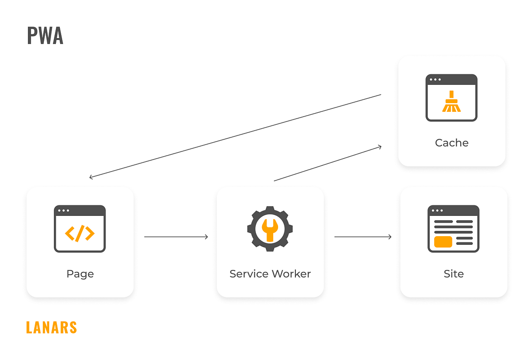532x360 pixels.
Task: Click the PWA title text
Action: pos(45,36)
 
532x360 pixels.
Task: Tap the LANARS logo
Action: pos(52,327)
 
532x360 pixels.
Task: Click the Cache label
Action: pos(452,143)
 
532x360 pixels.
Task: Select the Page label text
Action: pos(80,274)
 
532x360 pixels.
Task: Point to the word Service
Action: pos(249,274)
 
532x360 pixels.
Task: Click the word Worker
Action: pos(291,274)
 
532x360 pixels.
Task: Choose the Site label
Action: pos(453,274)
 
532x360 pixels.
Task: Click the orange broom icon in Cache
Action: pos(452,102)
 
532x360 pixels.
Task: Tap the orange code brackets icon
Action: pos(80,233)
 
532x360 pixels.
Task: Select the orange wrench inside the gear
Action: pos(270,229)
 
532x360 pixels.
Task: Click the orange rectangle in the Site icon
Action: pos(443,241)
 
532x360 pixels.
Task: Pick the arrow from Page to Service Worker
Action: pos(176,237)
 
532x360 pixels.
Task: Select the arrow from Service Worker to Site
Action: pos(362,237)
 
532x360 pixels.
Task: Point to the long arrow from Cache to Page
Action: pos(235,136)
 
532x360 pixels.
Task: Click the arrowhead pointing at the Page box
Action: pos(91,177)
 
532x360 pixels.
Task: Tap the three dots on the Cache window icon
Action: pos(435,80)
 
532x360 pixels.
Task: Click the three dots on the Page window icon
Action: pos(63,211)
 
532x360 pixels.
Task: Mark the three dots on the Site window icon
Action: pos(437,211)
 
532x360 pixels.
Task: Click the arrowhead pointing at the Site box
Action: pos(389,237)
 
